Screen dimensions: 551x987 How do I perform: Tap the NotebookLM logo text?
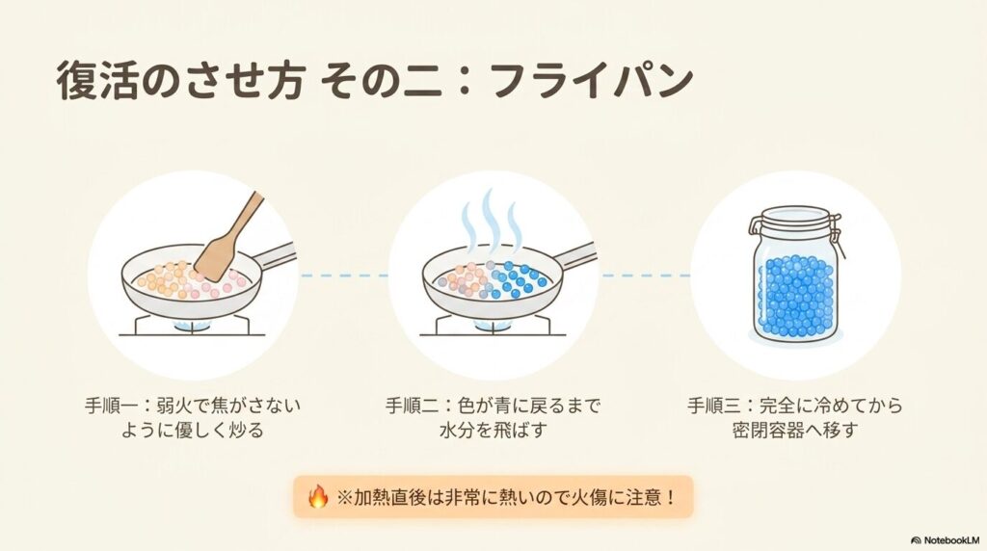(x=951, y=540)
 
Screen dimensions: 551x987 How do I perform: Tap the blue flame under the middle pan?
(x=493, y=328)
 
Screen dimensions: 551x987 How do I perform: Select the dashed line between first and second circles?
(x=343, y=275)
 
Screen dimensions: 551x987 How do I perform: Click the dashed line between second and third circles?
(x=645, y=275)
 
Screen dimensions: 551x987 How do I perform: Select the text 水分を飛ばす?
(x=493, y=431)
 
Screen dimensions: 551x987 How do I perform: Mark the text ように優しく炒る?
(x=192, y=431)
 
